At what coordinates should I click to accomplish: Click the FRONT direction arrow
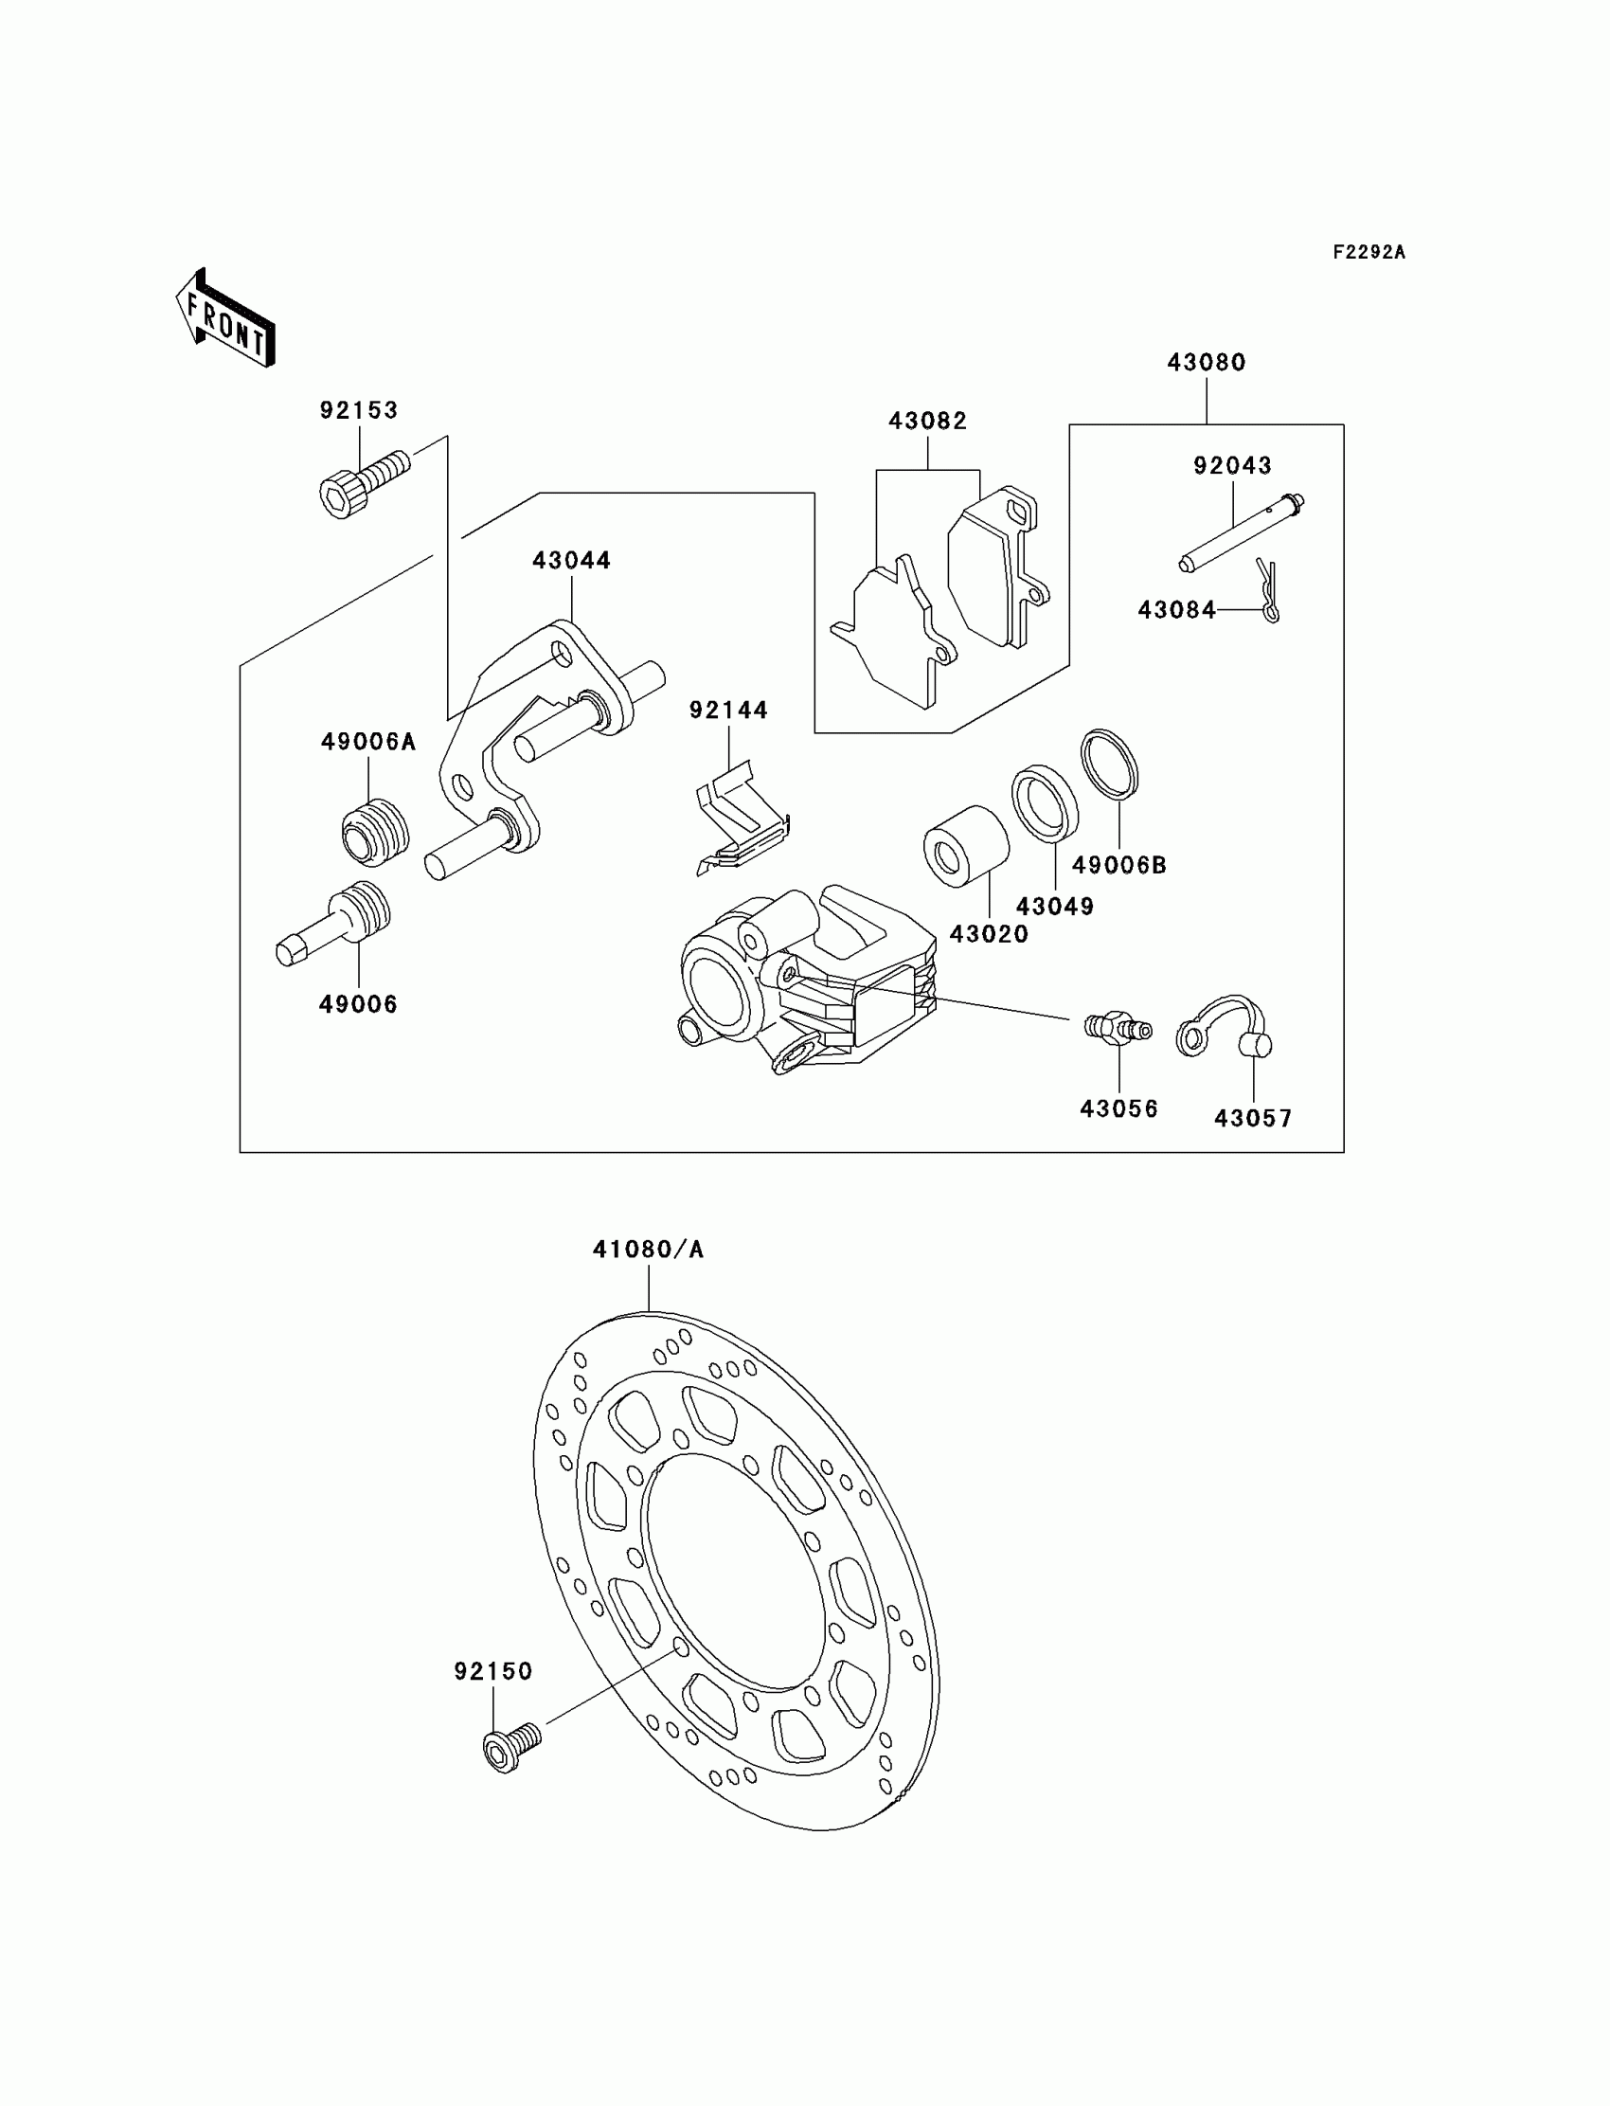(226, 318)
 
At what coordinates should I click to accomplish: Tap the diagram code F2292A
(1368, 252)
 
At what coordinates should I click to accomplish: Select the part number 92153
(358, 410)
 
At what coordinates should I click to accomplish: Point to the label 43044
(572, 560)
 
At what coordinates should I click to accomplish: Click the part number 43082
(928, 421)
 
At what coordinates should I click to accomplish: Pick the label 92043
(1232, 466)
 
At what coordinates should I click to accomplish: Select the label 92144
(728, 711)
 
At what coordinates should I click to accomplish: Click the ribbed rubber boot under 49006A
(376, 831)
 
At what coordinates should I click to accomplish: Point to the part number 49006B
(1119, 865)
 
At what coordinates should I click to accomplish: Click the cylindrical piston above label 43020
(966, 846)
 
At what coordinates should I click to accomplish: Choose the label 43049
(1055, 906)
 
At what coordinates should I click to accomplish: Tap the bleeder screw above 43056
(1118, 1028)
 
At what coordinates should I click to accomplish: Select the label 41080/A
(648, 1249)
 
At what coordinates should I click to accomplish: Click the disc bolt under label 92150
(510, 1751)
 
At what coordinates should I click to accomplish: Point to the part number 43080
(1207, 362)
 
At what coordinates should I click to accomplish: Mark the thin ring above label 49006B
(1110, 764)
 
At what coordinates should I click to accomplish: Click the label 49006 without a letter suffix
(357, 1003)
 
